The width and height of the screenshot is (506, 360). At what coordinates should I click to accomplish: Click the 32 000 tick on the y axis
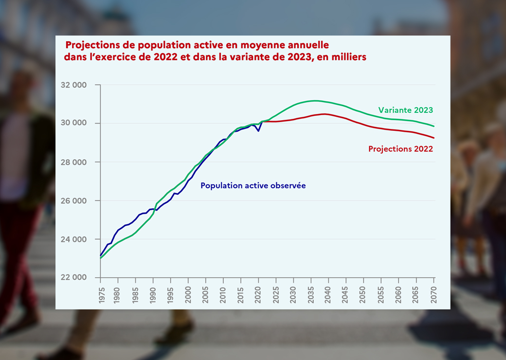pos(73,85)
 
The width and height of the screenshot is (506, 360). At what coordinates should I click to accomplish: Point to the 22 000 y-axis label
pos(73,278)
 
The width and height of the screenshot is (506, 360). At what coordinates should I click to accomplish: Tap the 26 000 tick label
pos(73,201)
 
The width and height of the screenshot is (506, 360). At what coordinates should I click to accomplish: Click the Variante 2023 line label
pos(405,110)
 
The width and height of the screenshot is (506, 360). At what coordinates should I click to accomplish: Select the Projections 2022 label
pos(400,149)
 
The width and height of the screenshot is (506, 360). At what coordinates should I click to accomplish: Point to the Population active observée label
pos(253,185)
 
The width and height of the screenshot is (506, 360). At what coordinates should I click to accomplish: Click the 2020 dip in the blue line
pos(258,131)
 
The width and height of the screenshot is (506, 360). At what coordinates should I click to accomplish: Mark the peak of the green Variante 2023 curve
pos(315,101)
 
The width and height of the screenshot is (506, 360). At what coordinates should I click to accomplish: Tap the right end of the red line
pos(434,138)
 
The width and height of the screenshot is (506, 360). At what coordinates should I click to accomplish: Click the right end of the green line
pos(434,126)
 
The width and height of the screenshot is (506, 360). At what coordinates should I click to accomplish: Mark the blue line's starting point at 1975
pos(101,255)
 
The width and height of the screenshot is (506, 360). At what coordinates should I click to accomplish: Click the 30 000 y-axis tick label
pos(73,124)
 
